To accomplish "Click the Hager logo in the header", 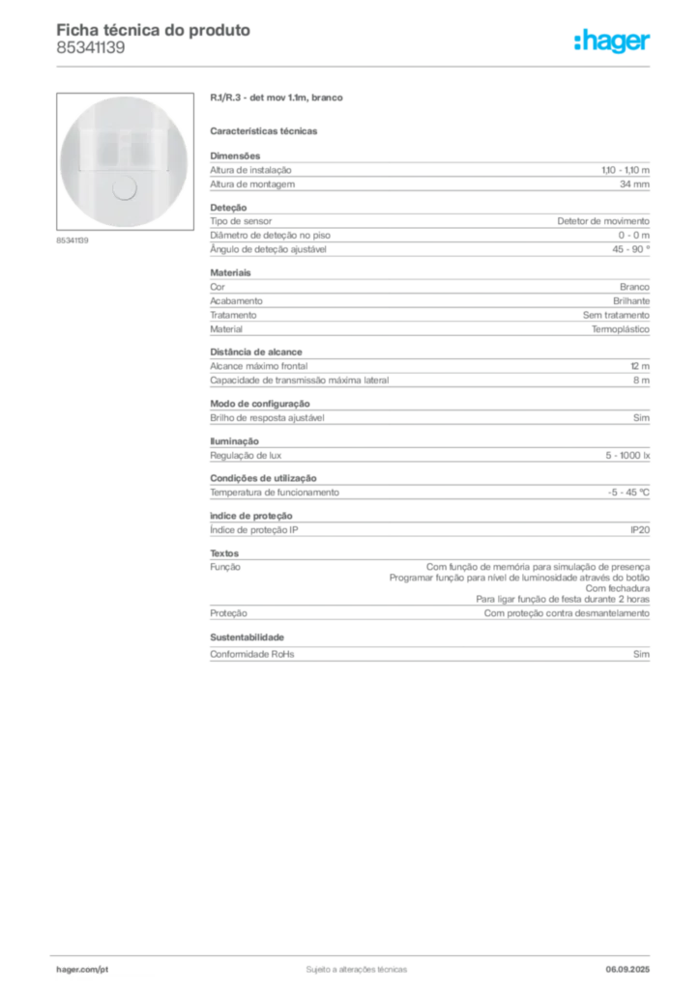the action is (x=612, y=41).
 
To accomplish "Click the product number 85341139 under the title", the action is (x=91, y=48).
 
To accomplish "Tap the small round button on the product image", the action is (x=124, y=188).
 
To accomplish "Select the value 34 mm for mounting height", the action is (x=634, y=184).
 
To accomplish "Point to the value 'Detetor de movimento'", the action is (x=603, y=221).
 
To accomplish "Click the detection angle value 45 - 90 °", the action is (x=630, y=249).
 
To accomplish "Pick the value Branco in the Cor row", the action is (x=634, y=287).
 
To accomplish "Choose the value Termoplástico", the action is (x=621, y=329).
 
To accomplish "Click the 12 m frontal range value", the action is (x=640, y=366).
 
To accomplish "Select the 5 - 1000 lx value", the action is (x=627, y=456).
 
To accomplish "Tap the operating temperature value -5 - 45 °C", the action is (x=628, y=493).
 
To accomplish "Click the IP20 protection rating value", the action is (x=640, y=530).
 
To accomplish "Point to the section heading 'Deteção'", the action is (x=228, y=208).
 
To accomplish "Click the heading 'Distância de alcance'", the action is (x=256, y=352).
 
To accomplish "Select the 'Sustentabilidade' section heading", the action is (x=247, y=637).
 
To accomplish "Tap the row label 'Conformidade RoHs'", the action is (x=251, y=655).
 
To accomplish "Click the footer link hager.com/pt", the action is (x=82, y=970).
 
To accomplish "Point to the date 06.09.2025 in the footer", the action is (x=627, y=970).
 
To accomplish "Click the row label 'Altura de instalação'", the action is (x=250, y=170).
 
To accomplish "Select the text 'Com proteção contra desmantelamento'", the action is (x=567, y=613).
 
